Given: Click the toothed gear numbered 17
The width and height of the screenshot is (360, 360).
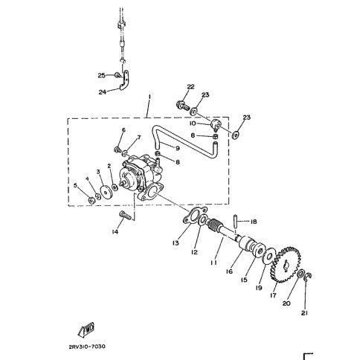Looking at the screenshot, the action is point(286,265).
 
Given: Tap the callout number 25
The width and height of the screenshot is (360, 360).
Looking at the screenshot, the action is point(101,75).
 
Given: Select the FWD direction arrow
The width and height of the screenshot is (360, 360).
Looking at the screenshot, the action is point(86,330).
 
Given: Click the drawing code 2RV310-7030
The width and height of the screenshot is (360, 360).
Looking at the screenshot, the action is point(87,346).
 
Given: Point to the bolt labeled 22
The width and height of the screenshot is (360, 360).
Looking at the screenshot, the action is point(183,105).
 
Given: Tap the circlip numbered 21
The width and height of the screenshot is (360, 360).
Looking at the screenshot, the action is point(308,276).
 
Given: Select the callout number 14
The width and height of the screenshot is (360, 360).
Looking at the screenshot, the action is point(115,232).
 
